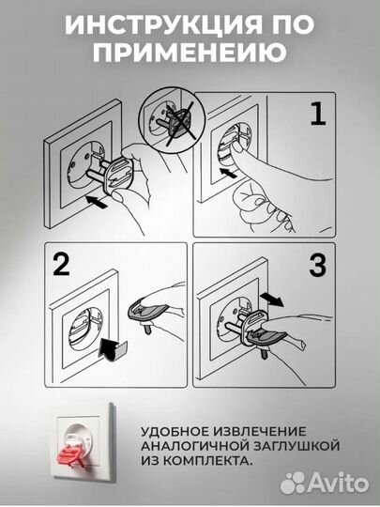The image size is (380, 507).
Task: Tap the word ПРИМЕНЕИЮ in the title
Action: pyautogui.click(x=190, y=54)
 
